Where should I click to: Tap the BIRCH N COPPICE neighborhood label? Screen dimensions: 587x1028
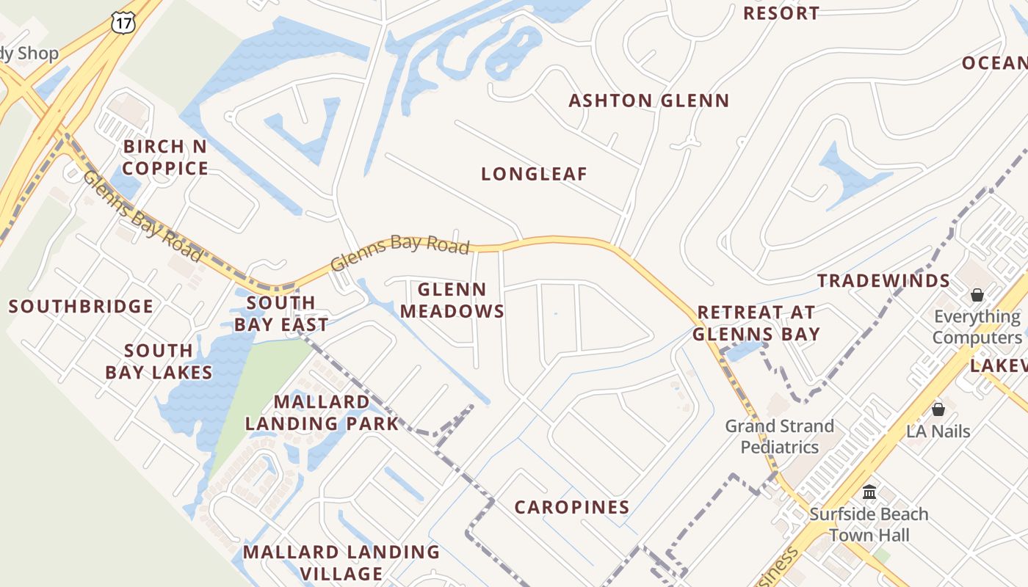(x=165, y=157)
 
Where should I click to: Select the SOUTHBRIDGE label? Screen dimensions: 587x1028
(x=82, y=307)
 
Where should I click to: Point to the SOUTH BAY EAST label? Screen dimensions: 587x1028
(x=281, y=313)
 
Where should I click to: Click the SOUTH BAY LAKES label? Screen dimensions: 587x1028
(x=159, y=362)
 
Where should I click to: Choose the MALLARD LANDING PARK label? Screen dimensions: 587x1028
(x=322, y=412)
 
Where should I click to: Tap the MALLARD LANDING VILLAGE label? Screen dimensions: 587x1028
(x=341, y=562)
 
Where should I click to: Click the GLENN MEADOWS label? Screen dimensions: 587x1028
(x=452, y=300)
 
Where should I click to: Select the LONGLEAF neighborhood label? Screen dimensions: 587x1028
(x=535, y=175)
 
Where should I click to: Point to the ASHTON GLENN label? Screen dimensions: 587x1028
(x=649, y=101)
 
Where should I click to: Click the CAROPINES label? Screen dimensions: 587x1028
(x=572, y=507)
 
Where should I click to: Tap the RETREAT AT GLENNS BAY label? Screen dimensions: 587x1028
(x=756, y=323)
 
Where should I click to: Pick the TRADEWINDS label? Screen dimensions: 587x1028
(x=884, y=281)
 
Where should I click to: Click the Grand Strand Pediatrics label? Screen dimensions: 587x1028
(x=780, y=436)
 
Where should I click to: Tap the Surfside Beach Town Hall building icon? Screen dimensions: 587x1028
(x=869, y=492)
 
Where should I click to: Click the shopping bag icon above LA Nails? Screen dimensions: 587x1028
(x=938, y=409)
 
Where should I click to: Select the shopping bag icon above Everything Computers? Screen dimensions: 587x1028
(x=977, y=295)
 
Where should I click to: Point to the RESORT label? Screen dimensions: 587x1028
(x=781, y=13)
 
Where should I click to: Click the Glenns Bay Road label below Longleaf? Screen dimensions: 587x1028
(x=400, y=252)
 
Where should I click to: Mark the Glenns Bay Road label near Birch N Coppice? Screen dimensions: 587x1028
(x=142, y=216)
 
